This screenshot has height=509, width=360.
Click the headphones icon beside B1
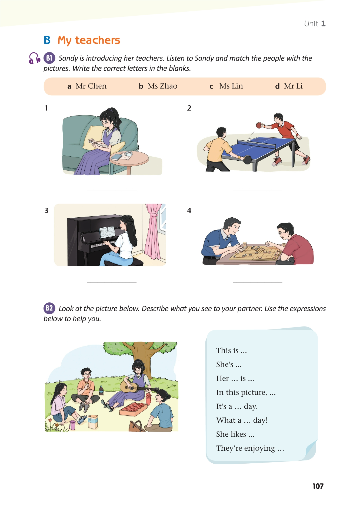pos(34,58)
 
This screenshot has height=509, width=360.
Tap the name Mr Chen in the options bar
pos(91,86)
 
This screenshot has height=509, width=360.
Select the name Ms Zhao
pos(162,86)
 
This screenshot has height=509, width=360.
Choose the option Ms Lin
pos(231,86)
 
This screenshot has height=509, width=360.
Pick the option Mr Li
pos(293,86)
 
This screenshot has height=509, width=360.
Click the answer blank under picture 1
pos(112,190)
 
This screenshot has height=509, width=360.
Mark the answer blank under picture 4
pos(257,282)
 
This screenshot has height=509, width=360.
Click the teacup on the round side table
pos(128,154)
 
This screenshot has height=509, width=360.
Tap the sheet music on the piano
pos(107,232)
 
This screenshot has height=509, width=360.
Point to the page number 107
pos(318,486)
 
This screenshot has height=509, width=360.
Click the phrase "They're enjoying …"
pos(250,448)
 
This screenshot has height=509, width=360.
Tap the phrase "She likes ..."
pos(235,434)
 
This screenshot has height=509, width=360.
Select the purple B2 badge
pos(49,308)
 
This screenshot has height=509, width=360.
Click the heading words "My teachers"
pos(89,40)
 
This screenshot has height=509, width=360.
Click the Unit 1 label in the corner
pos(315,24)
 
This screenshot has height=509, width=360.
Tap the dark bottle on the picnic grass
pos(101,390)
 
